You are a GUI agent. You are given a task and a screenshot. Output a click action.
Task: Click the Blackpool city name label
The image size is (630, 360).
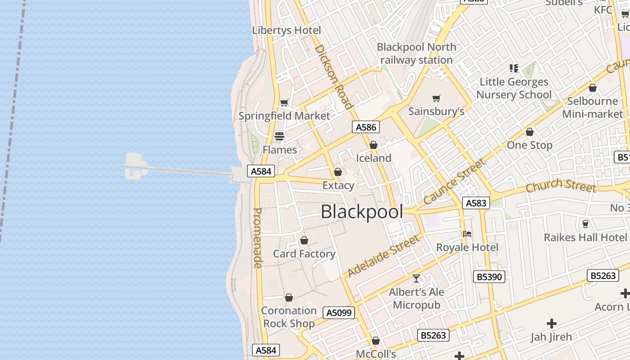click(362, 211)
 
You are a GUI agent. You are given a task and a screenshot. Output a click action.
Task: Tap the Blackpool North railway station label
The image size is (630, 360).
click(416, 53)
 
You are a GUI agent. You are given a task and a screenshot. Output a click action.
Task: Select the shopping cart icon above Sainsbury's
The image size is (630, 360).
click(436, 98)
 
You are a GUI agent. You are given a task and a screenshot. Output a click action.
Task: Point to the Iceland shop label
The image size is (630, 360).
click(373, 158)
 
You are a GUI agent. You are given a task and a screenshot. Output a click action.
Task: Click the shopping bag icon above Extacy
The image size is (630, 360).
click(338, 172)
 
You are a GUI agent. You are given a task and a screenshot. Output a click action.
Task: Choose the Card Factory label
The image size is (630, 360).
click(304, 254)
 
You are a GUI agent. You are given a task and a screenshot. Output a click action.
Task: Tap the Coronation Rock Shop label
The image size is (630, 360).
click(289, 317)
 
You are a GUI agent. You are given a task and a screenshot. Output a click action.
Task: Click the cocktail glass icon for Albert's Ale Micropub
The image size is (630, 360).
click(416, 279)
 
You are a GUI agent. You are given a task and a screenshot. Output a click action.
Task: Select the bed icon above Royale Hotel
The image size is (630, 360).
click(467, 234)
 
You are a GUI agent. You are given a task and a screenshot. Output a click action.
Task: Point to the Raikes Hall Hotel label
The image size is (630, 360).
click(585, 237)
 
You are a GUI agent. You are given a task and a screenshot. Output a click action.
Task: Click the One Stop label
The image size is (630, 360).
click(530, 145)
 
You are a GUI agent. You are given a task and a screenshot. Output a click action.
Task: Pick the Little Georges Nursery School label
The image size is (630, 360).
click(514, 88)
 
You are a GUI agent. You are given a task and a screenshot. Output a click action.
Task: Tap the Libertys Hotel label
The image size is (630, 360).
click(287, 30)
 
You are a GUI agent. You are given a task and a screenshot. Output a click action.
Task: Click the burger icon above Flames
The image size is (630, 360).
click(279, 136)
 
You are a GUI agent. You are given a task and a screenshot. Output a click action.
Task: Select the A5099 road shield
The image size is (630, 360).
click(339, 313)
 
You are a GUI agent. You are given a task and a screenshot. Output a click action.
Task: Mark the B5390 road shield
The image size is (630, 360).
click(489, 277)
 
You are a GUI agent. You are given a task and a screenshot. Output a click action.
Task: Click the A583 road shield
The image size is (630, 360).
click(476, 203)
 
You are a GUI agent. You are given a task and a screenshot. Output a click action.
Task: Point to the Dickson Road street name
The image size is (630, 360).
click(333, 76)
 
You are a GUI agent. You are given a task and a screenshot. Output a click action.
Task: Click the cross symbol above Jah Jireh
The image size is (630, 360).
click(551, 323)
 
